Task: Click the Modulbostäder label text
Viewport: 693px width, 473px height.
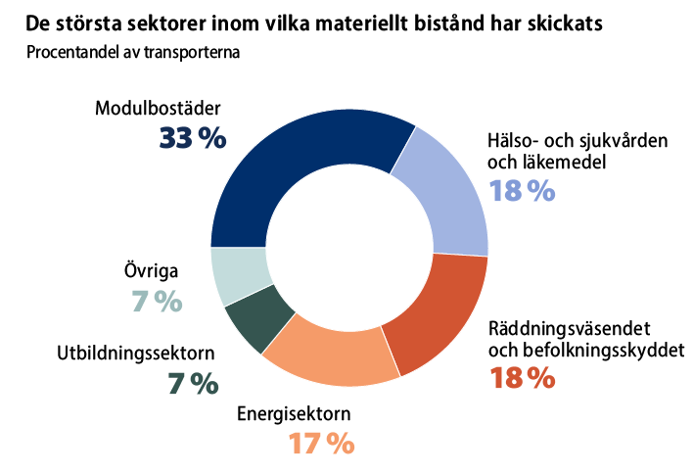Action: coord(159,108)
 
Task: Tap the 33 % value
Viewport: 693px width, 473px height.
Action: coord(192,138)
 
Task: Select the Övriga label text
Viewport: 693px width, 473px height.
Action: coord(143,270)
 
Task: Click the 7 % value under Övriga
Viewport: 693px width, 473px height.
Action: coord(157,301)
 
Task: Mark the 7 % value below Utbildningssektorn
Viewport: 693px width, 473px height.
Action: coord(192,384)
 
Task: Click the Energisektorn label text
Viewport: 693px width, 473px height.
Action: coord(294,413)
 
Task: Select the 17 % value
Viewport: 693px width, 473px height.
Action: coord(320,444)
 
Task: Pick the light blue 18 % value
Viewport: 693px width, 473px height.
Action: coord(522,190)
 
